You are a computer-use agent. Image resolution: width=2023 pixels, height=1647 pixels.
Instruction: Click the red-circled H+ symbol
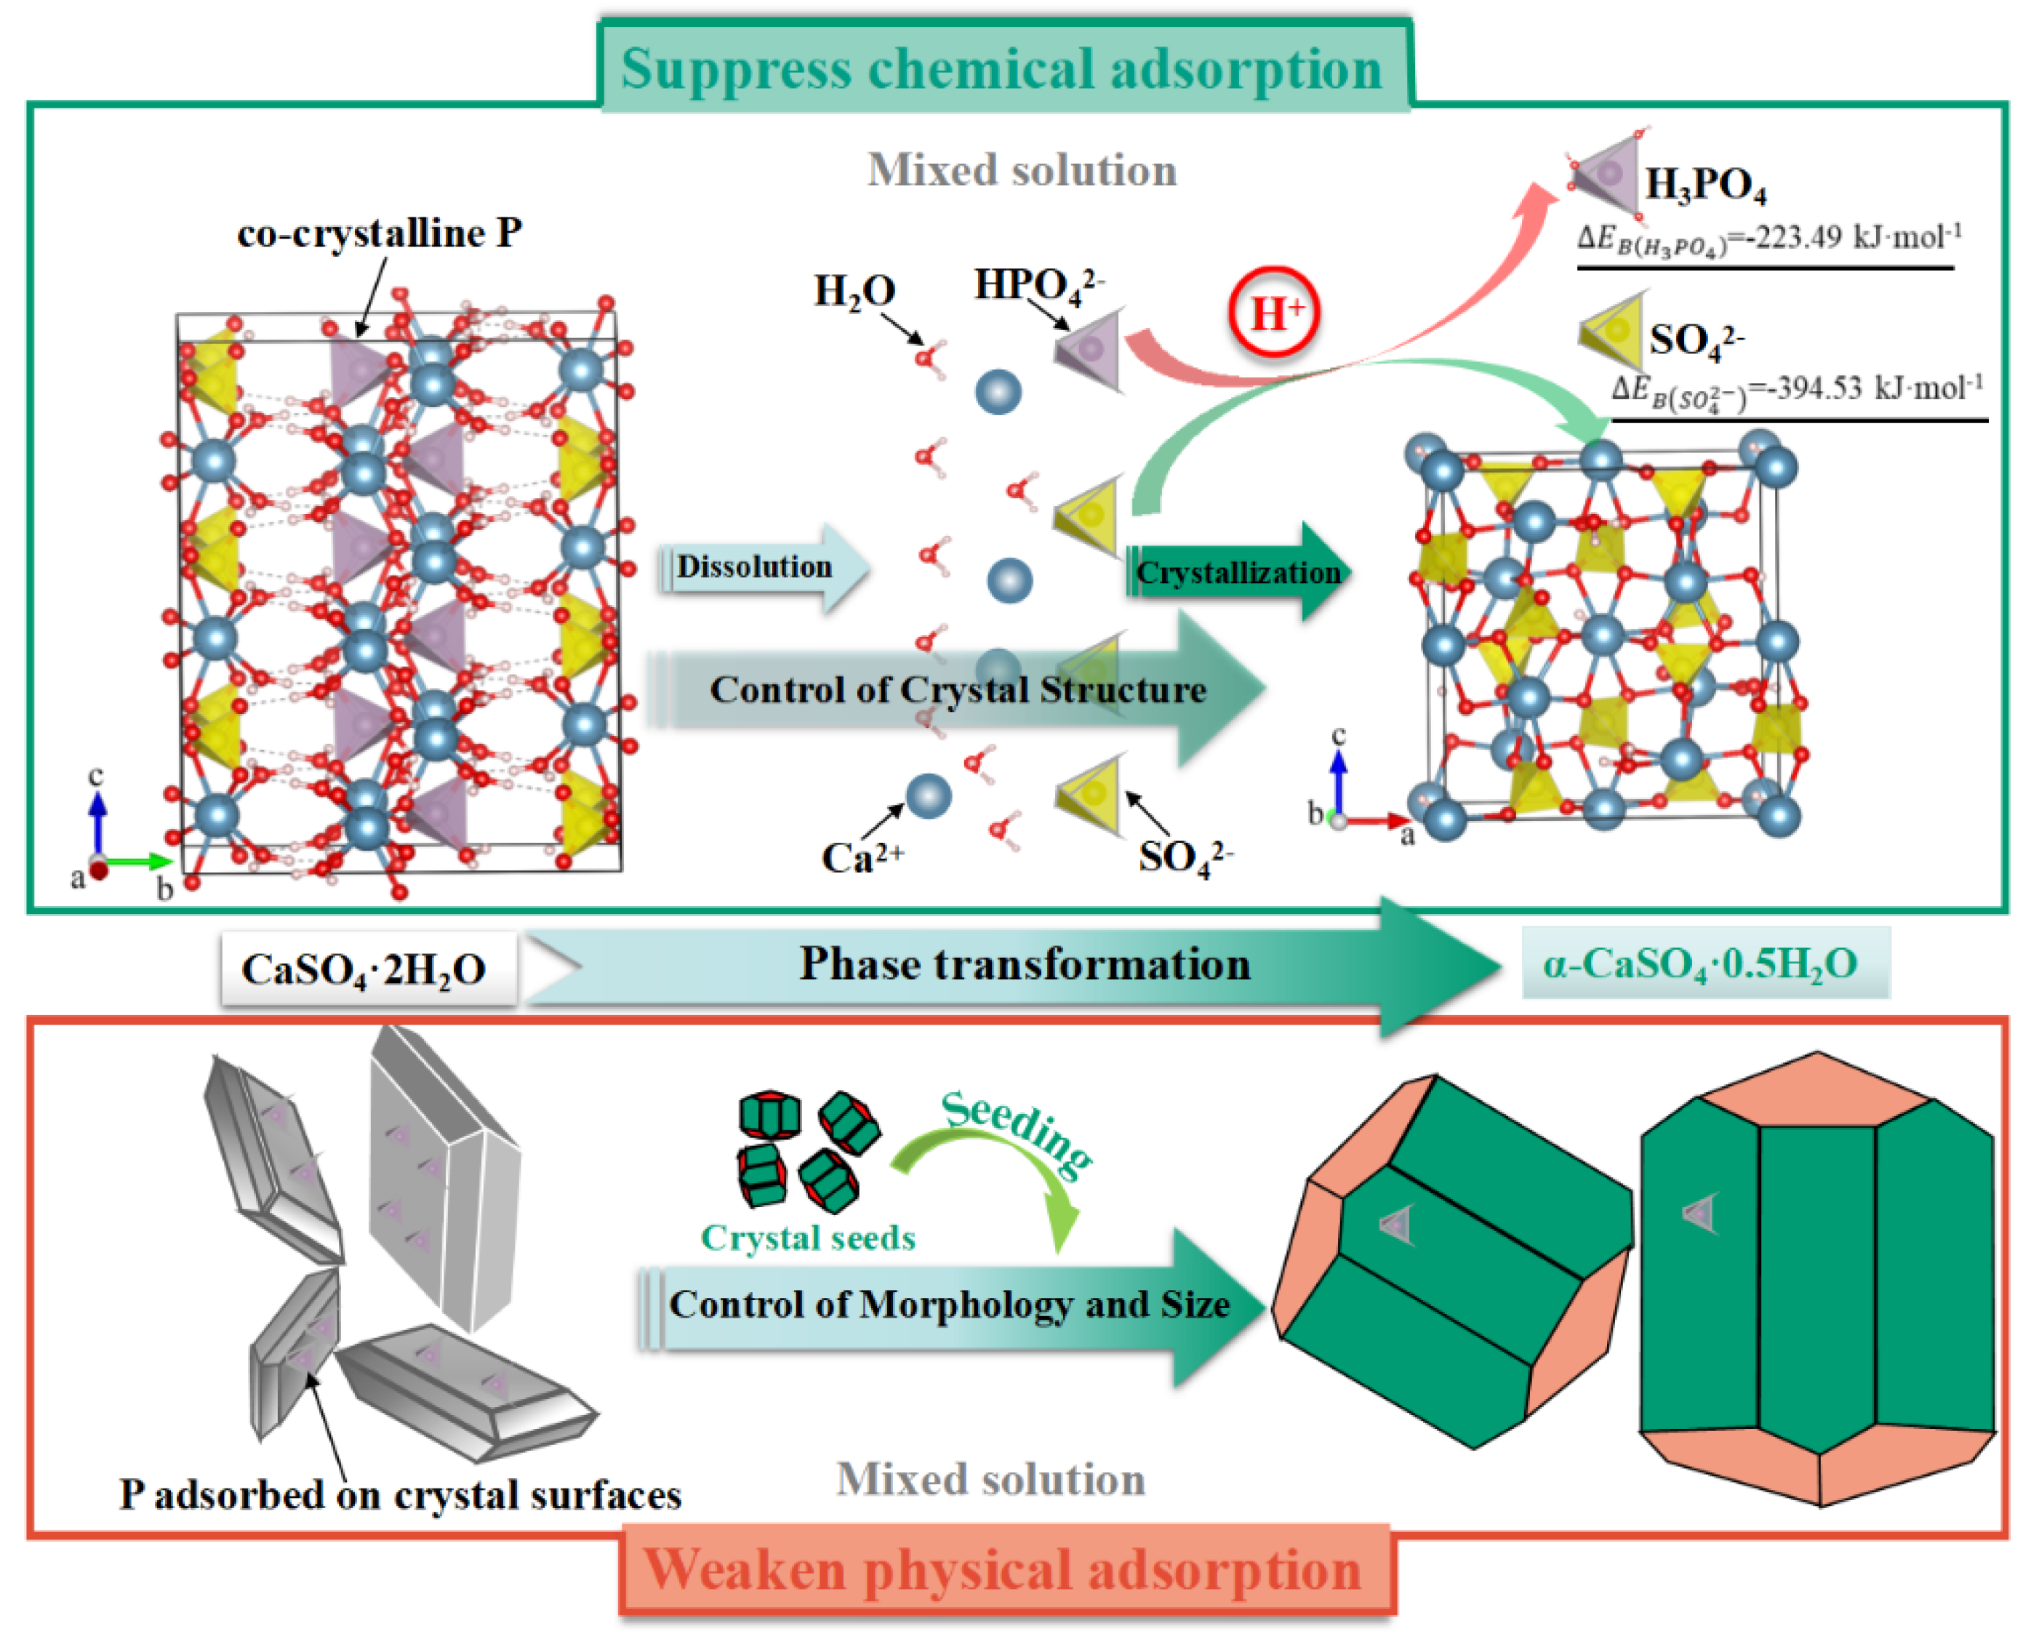point(1273,312)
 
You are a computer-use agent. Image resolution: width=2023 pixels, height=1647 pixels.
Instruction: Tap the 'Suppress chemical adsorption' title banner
point(1002,68)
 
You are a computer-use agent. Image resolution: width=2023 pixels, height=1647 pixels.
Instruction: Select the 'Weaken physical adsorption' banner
point(1003,1570)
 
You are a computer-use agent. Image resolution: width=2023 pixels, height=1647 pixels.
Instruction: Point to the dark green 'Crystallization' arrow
point(1238,572)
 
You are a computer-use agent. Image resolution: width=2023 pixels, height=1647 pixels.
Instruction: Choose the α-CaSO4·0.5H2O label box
point(1699,963)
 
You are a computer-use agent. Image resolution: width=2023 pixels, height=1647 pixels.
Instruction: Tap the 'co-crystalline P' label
point(379,233)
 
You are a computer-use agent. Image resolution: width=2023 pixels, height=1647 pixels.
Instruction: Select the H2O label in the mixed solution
point(854,290)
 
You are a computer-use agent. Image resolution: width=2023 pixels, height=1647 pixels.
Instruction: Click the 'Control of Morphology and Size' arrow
point(949,1305)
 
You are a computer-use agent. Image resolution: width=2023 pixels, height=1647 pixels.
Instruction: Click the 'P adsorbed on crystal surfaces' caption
point(399,1495)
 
